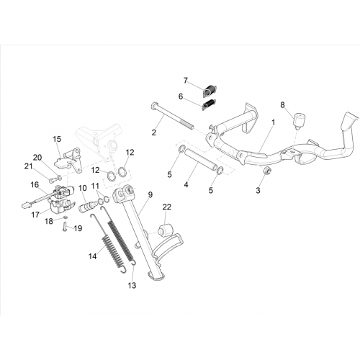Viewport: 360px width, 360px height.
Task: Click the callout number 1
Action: pos(273,123)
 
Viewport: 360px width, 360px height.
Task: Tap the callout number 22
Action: pos(167,207)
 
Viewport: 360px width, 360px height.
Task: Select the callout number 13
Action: pos(132,285)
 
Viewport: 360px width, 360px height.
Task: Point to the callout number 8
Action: pos(282,105)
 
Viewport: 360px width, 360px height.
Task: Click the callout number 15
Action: pos(57,139)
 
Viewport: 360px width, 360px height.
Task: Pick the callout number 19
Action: pos(78,228)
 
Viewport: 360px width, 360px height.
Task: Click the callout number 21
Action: pos(28,166)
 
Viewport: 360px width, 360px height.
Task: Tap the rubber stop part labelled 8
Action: pos(298,120)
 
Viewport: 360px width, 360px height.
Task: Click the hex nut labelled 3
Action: pos(266,171)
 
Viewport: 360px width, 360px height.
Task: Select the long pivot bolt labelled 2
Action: pos(172,117)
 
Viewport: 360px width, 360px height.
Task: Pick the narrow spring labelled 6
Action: pos(209,105)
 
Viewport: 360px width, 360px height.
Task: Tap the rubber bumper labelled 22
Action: pos(165,230)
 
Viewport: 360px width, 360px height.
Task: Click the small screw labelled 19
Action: pos(65,227)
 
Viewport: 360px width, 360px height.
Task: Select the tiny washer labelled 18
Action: pos(66,217)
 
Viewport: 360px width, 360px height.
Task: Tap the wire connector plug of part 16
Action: pos(24,205)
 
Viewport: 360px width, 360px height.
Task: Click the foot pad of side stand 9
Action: pos(154,276)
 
